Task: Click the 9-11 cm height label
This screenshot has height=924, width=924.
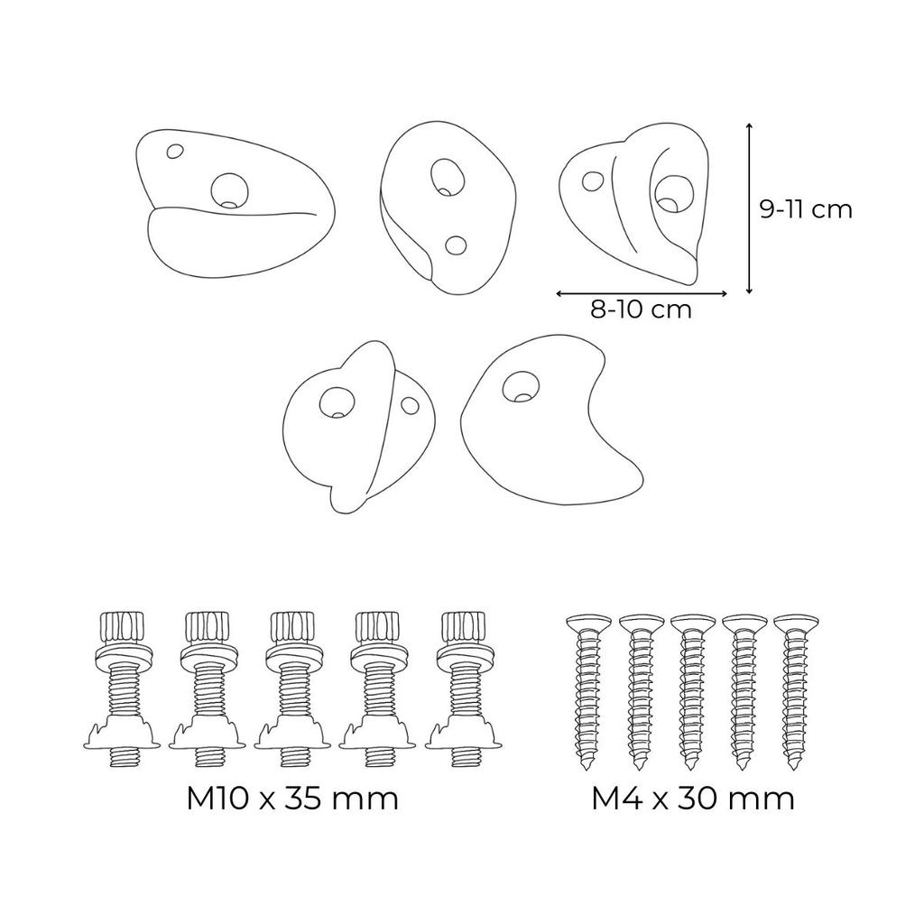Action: point(806,209)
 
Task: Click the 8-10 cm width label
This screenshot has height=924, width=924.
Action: point(641,310)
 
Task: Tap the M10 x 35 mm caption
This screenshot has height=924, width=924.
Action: point(292,799)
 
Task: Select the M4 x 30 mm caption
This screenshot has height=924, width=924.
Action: point(693,799)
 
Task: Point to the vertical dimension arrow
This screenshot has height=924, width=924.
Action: point(749,208)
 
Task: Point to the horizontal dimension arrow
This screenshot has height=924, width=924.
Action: point(642,292)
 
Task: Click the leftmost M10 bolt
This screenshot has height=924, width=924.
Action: point(121,689)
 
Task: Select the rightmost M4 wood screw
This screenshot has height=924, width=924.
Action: point(794,690)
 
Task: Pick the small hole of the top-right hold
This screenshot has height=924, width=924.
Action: point(594,180)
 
